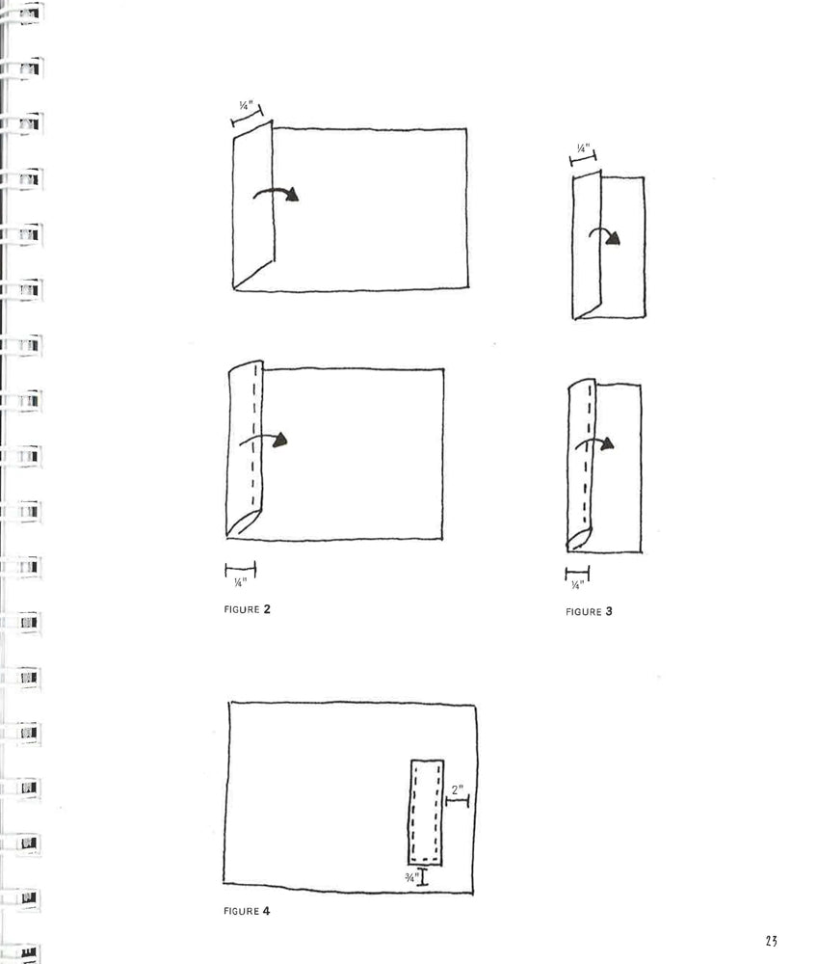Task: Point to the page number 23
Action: coord(772,941)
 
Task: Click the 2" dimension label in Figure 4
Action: coord(457,790)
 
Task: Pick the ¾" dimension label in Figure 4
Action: coord(411,877)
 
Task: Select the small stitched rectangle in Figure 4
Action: coord(426,812)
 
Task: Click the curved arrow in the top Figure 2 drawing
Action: coord(277,194)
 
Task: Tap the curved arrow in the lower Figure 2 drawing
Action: coord(265,440)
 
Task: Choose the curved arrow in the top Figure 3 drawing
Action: coord(605,237)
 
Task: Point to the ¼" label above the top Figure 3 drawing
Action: coord(582,148)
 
